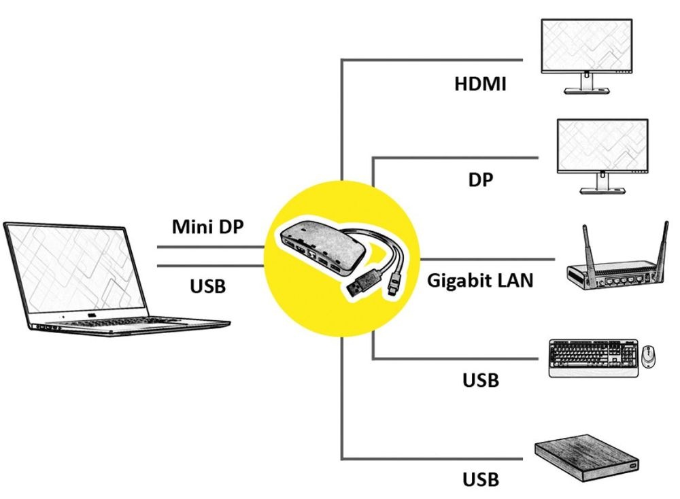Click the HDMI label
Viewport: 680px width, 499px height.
click(x=480, y=84)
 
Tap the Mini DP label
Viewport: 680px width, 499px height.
click(x=207, y=226)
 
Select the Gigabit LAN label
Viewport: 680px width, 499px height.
click(x=480, y=280)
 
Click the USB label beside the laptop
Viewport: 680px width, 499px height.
click(x=207, y=286)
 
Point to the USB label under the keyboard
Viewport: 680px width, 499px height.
click(x=481, y=379)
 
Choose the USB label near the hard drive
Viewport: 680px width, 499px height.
click(x=481, y=479)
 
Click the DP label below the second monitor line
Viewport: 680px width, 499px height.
click(x=480, y=179)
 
